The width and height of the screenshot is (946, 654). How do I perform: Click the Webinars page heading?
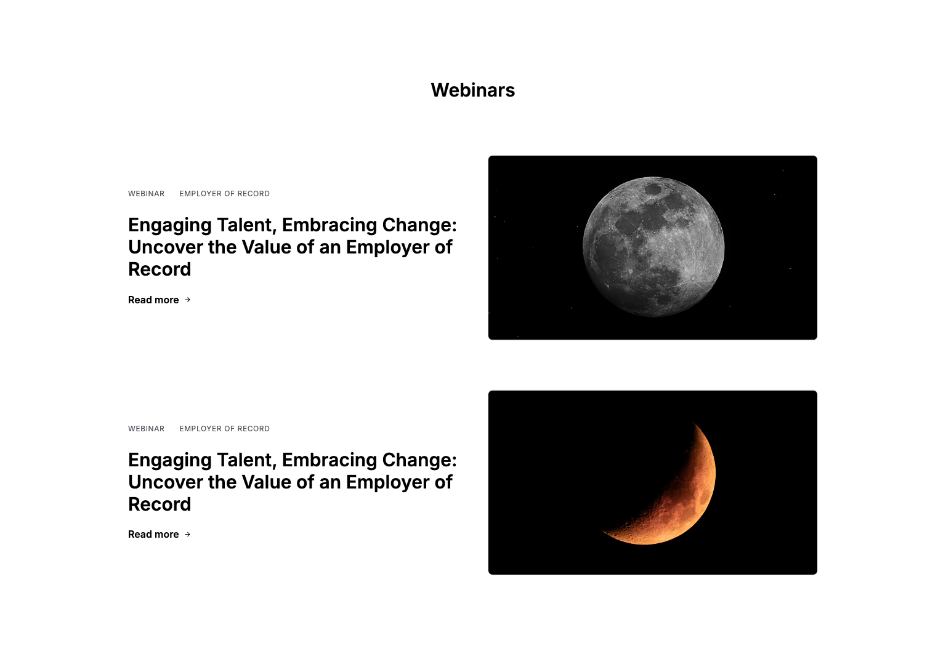pos(472,90)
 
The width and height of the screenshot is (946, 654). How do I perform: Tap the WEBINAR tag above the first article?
pos(146,194)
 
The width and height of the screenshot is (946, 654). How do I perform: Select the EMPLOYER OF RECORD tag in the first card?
pos(224,194)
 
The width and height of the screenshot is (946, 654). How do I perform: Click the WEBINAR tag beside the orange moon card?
pos(146,429)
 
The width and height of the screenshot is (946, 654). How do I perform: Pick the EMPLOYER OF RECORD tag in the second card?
pos(224,429)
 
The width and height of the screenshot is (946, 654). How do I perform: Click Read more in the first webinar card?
pos(153,300)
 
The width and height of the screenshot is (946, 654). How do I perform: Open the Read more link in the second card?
pos(153,535)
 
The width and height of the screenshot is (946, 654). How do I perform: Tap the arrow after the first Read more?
pos(188,300)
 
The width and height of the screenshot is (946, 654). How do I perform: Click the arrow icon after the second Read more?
pos(188,534)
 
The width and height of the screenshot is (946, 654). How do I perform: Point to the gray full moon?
pos(653,247)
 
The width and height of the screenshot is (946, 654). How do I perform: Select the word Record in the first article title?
pos(160,269)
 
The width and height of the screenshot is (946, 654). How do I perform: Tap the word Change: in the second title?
pos(419,460)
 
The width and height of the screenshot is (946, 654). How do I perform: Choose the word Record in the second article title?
pos(160,504)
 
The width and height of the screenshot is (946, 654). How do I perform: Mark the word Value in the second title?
pos(266,482)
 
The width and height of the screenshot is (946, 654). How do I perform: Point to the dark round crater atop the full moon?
pos(653,189)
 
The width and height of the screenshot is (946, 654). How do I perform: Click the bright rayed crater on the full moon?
pos(693,279)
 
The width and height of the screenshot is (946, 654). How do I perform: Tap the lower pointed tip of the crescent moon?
pos(602,532)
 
